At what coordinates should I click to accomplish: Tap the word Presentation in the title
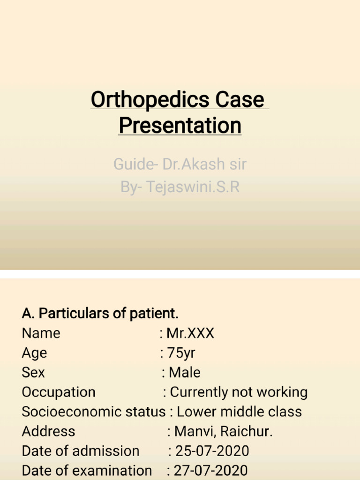pos(180,126)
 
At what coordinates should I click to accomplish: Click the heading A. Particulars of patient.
pos(100,313)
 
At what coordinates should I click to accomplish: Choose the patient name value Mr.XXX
pos(190,333)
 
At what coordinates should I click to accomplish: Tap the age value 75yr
pos(181,353)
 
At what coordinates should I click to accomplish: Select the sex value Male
pos(185,373)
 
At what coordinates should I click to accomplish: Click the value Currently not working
pos(239,392)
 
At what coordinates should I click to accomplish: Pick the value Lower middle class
pos(239,412)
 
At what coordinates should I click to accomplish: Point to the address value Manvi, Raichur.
pos(223,431)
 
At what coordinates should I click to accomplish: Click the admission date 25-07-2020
pos(212,451)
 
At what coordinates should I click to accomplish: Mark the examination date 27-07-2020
pos(211,471)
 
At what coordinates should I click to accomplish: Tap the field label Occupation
pos(59,392)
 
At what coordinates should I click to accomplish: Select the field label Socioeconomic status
pos(94,412)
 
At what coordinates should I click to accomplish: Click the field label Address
pos(48,431)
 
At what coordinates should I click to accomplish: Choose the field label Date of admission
pos(81,451)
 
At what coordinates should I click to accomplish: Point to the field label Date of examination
pos(87,471)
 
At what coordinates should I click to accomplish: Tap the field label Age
pos(34,353)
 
